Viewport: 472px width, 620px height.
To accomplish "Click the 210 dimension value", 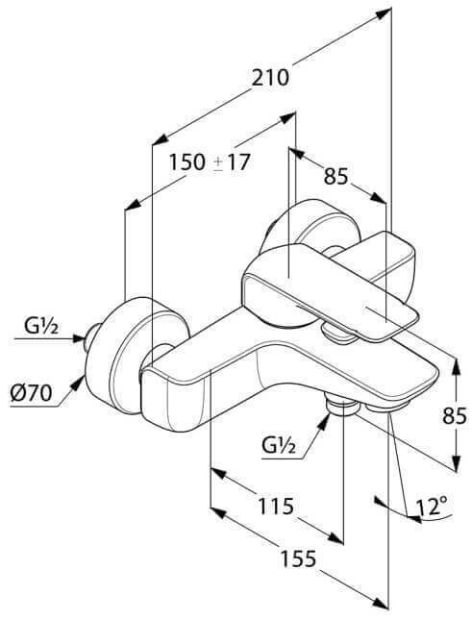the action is (x=271, y=78).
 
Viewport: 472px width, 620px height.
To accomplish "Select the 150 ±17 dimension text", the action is (x=210, y=162).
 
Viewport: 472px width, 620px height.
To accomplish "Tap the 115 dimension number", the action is (x=276, y=506).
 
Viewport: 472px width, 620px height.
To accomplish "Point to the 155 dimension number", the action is (x=298, y=558).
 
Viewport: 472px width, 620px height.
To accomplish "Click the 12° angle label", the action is (x=432, y=507).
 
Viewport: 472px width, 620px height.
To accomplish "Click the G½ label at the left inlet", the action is (x=41, y=327).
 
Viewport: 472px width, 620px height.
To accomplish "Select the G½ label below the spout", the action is (x=279, y=446).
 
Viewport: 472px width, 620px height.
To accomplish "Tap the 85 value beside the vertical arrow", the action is (x=455, y=415).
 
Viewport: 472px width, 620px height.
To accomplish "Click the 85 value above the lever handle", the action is (x=336, y=176).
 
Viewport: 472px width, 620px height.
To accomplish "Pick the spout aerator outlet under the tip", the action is (x=387, y=407).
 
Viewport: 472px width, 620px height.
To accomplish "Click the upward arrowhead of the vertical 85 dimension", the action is (x=457, y=366).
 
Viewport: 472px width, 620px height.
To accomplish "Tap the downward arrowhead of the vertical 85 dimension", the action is (x=457, y=462).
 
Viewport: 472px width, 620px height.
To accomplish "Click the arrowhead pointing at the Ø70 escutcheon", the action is (x=79, y=382).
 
